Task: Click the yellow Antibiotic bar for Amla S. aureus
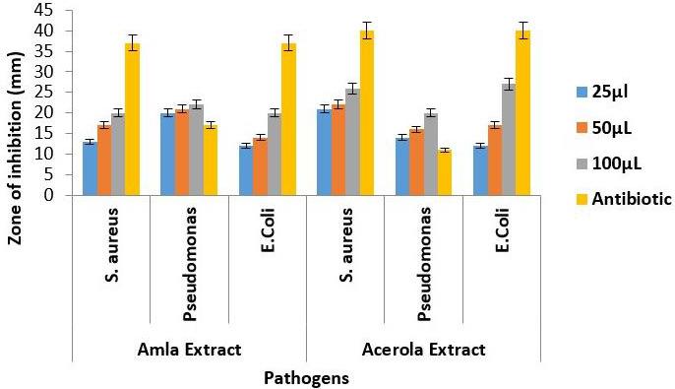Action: [132, 119]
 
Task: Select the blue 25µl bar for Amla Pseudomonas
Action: [167, 155]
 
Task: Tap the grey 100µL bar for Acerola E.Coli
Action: [509, 140]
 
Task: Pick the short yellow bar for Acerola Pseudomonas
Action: [445, 172]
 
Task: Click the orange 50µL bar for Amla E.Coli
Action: [260, 166]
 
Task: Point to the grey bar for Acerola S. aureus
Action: [352, 142]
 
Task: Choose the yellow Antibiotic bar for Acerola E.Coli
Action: [523, 113]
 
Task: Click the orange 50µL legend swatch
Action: [583, 128]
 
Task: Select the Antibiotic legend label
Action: [632, 199]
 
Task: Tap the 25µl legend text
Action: [610, 92]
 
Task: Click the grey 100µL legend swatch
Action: [583, 163]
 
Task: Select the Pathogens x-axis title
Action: [306, 379]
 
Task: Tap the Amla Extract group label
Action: [189, 350]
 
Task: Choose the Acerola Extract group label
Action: [423, 350]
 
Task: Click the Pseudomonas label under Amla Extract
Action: [189, 264]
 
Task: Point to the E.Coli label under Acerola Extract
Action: [503, 230]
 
